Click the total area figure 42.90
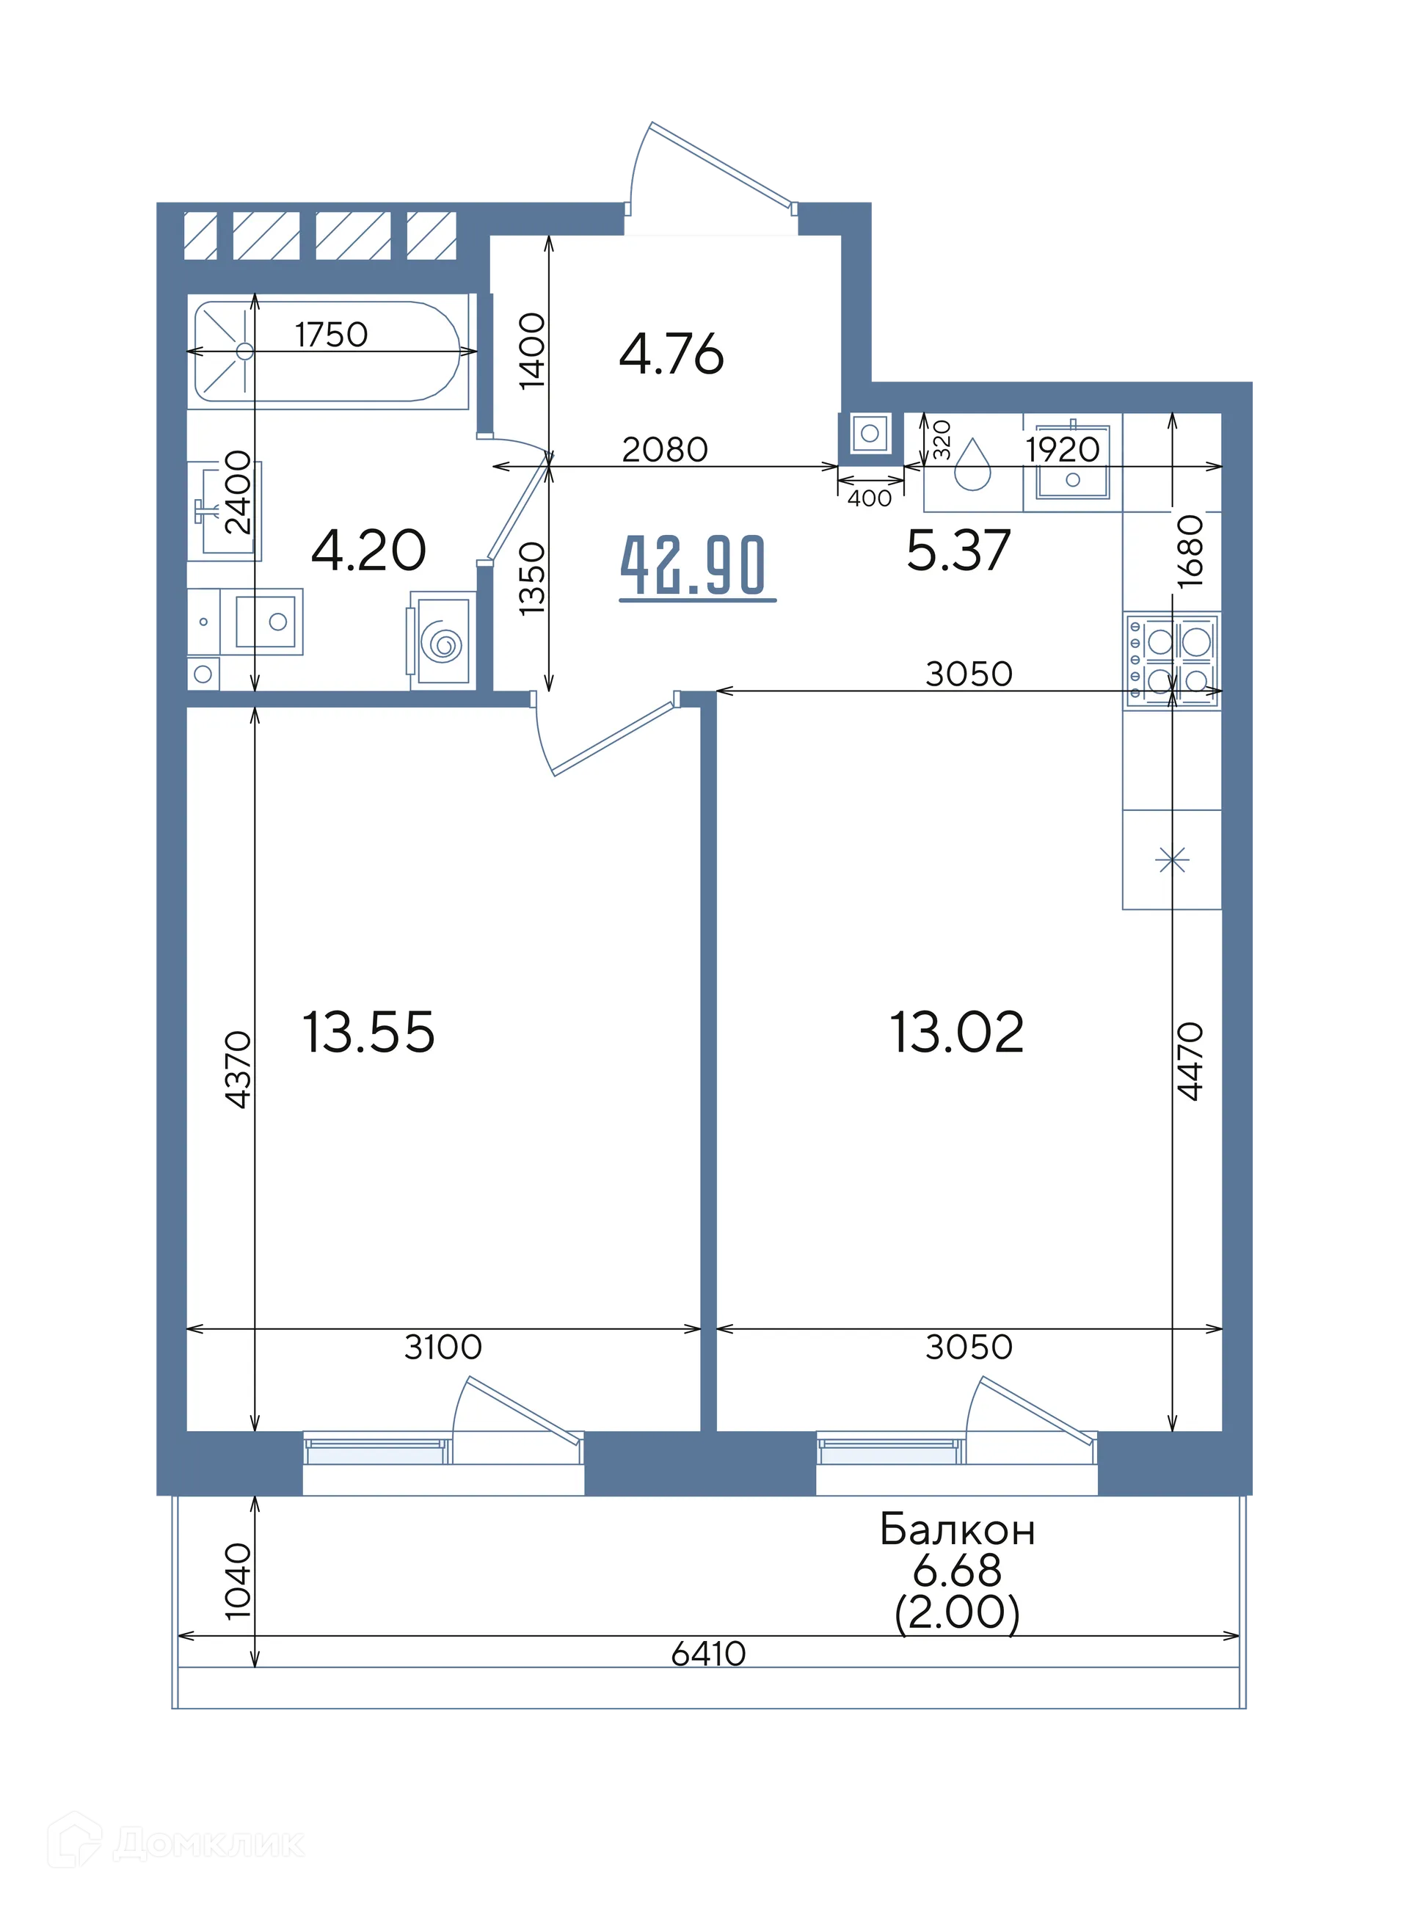[x=693, y=564]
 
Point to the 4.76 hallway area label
[x=671, y=354]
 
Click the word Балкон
[x=957, y=1530]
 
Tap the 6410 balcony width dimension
[x=708, y=1654]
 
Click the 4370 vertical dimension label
[x=238, y=1069]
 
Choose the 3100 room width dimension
[x=443, y=1347]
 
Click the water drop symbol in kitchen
[x=972, y=465]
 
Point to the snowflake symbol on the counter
[x=1172, y=859]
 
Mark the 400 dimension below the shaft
[x=870, y=498]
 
